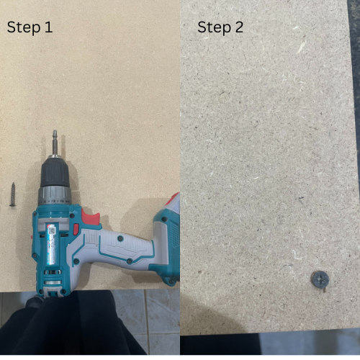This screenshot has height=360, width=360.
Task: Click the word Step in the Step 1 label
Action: pos(24,28)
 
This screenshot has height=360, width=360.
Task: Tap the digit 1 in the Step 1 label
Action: pos(48,27)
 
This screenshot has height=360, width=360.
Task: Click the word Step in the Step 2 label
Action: pos(214,28)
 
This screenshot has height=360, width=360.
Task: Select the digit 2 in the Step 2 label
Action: pos(239,27)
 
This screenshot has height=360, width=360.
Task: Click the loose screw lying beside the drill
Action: pos(13,194)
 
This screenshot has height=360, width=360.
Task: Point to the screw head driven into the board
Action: pos(320,279)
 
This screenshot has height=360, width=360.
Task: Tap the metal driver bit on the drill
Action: pos(55,143)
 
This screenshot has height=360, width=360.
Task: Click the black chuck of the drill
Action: pos(55,172)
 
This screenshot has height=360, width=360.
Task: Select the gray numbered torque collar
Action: pos(55,196)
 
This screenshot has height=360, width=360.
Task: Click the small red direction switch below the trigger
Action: pos(76,229)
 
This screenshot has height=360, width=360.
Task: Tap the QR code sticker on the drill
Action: pos(52,231)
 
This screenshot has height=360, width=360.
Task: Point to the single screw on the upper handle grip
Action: pos(120,238)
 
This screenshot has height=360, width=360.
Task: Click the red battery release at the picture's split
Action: pos(174,199)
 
